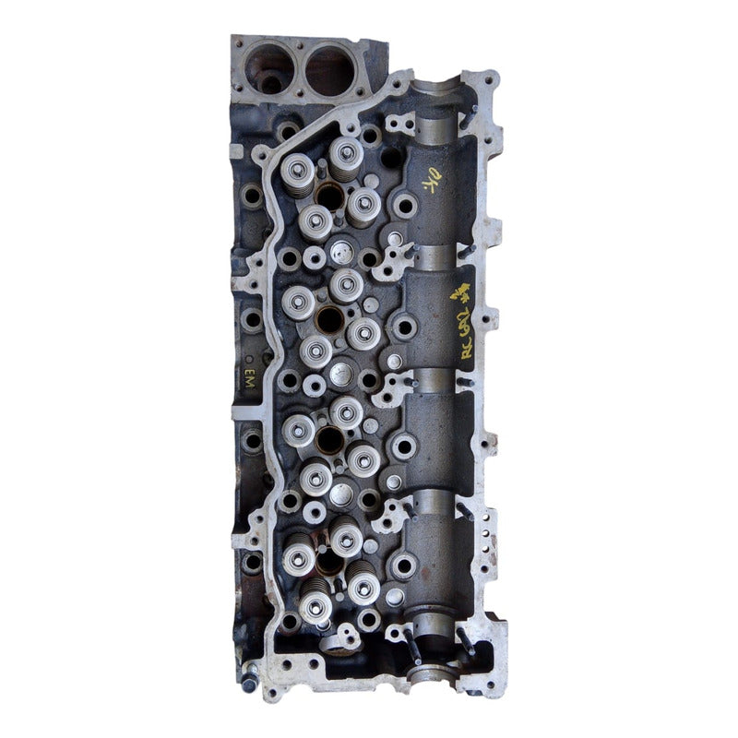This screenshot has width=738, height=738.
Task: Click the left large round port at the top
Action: (270, 69)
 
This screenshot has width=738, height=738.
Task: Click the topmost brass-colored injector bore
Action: (330, 195)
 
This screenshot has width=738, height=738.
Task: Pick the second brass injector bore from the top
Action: (330, 319)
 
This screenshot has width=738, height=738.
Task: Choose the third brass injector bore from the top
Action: (329, 439)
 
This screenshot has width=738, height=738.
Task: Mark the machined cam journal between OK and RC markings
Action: (434, 255)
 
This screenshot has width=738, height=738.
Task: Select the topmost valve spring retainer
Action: (347, 149)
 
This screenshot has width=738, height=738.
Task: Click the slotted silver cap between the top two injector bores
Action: (342, 249)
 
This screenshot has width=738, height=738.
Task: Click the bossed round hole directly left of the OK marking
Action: (403, 204)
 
